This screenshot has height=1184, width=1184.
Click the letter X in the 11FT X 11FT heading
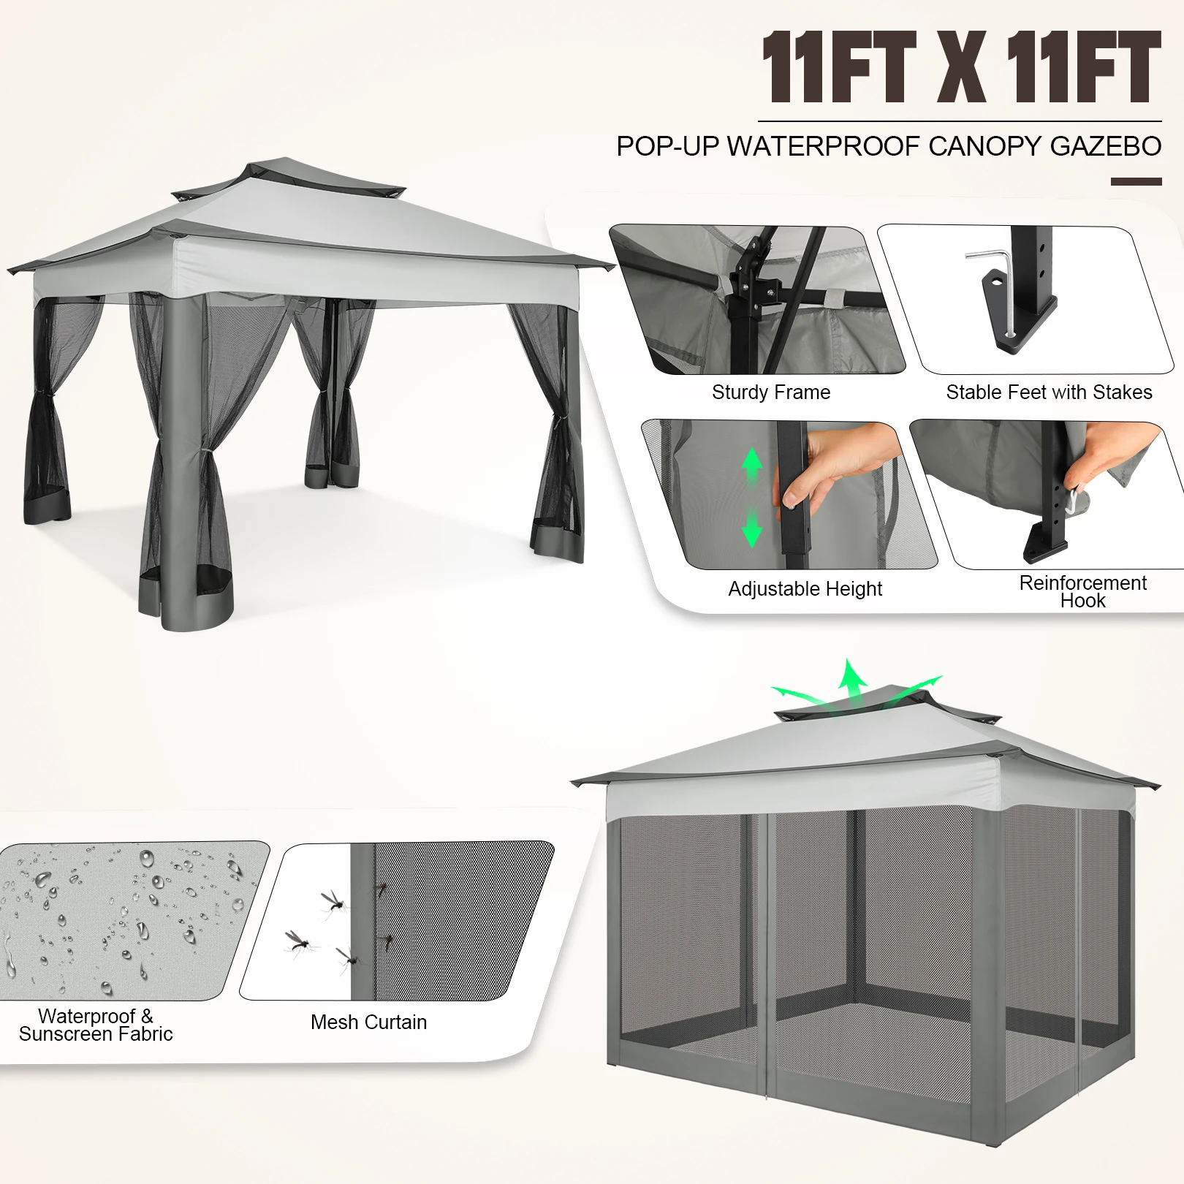click(x=960, y=68)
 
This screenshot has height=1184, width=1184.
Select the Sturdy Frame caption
click(x=771, y=392)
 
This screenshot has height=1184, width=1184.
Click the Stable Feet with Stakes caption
click(x=1049, y=392)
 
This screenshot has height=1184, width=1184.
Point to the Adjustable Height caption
click(x=805, y=588)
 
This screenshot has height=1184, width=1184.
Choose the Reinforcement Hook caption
click(x=1082, y=591)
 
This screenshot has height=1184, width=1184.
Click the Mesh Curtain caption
click(x=368, y=1022)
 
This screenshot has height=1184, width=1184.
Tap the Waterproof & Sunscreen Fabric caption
click(x=96, y=1025)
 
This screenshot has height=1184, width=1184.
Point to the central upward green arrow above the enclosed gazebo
click(x=851, y=680)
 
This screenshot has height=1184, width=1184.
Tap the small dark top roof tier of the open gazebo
click(x=289, y=175)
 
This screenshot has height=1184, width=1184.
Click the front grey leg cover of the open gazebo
click(x=182, y=453)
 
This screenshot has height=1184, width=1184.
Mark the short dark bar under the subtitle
click(x=1136, y=181)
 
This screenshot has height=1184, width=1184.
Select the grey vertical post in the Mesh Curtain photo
click(x=363, y=921)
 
